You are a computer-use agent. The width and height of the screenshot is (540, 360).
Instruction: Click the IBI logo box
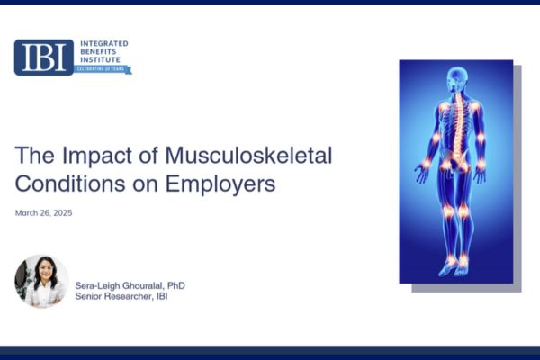pos(43,57)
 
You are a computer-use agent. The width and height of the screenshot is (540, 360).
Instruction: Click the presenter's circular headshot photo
pos(41,282)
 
